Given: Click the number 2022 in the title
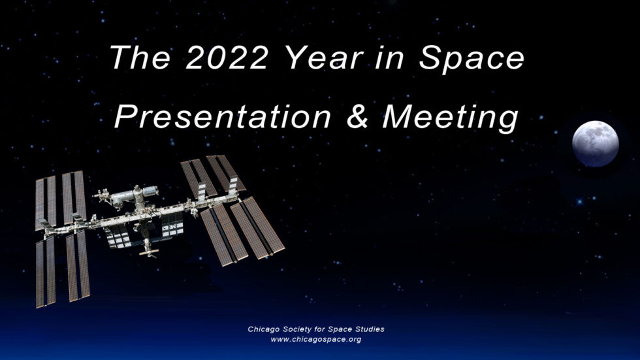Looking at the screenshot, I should pyautogui.click(x=227, y=58).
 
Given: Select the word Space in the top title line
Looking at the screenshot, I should pyautogui.click(x=472, y=58).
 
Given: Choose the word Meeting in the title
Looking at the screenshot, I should pyautogui.click(x=451, y=118).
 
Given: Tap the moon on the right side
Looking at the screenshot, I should pyautogui.click(x=595, y=144).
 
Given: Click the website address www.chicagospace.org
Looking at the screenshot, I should pyautogui.click(x=316, y=339).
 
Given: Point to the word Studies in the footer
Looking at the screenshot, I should pyautogui.click(x=370, y=329).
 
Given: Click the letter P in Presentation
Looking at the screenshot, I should pyautogui.click(x=125, y=118).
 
